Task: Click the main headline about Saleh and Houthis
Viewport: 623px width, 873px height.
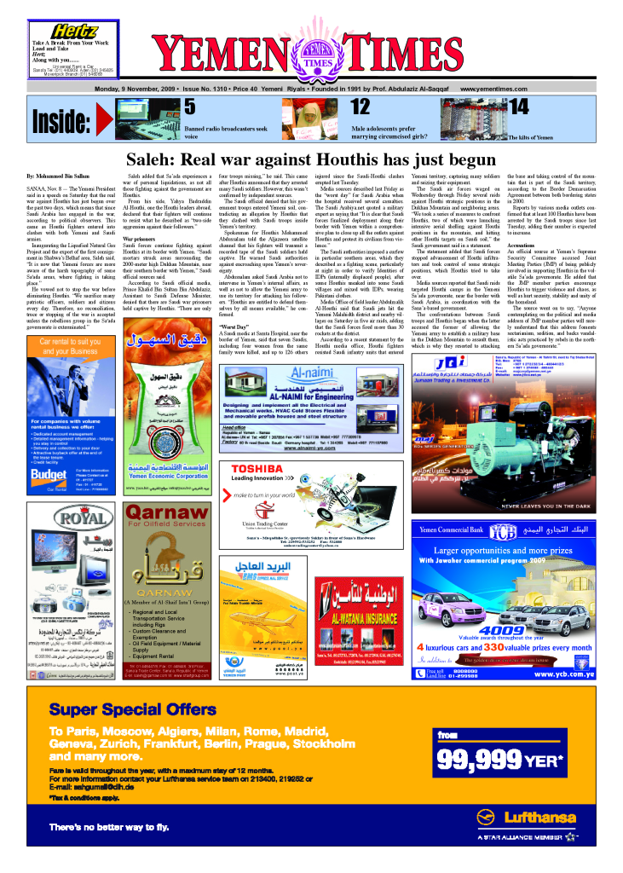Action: [x=311, y=159]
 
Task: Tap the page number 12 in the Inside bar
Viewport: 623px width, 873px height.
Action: [x=384, y=107]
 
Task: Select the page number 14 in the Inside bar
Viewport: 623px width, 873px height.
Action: [x=517, y=106]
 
